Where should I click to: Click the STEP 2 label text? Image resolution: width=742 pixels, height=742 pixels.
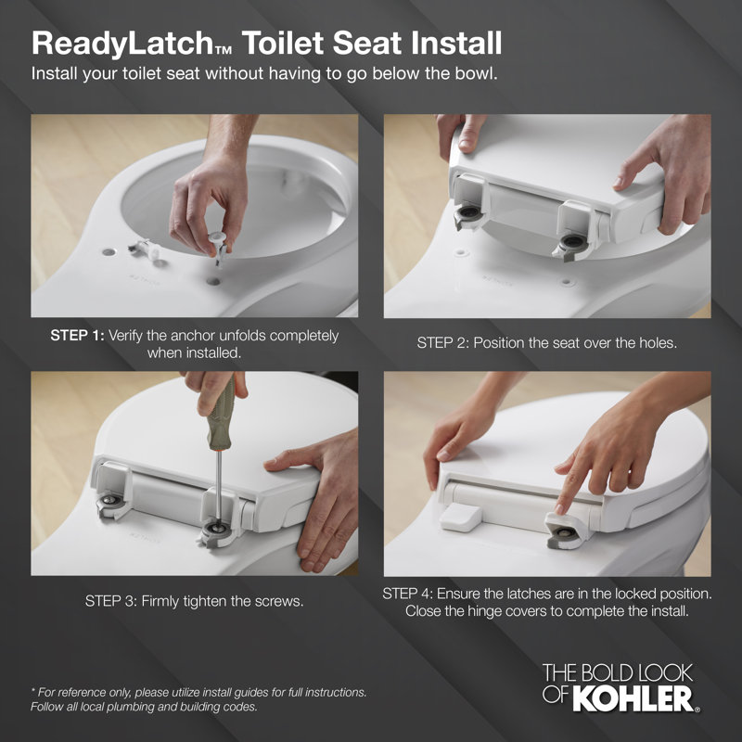[x=442, y=342]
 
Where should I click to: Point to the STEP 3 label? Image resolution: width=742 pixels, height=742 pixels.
[x=110, y=601]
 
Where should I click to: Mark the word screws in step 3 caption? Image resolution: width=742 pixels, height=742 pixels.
[x=280, y=601]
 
